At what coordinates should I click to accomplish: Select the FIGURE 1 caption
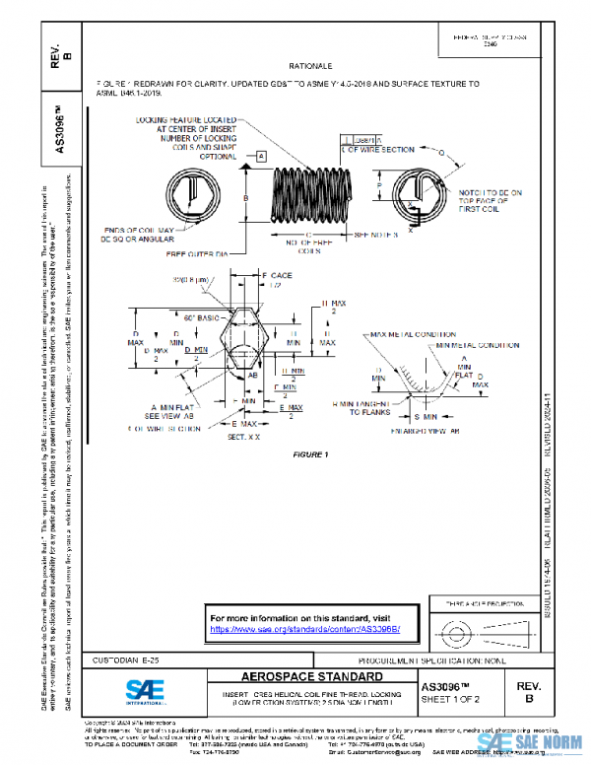(x=310, y=454)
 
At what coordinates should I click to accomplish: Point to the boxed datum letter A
(x=261, y=157)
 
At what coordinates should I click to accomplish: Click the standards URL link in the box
(x=305, y=628)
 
